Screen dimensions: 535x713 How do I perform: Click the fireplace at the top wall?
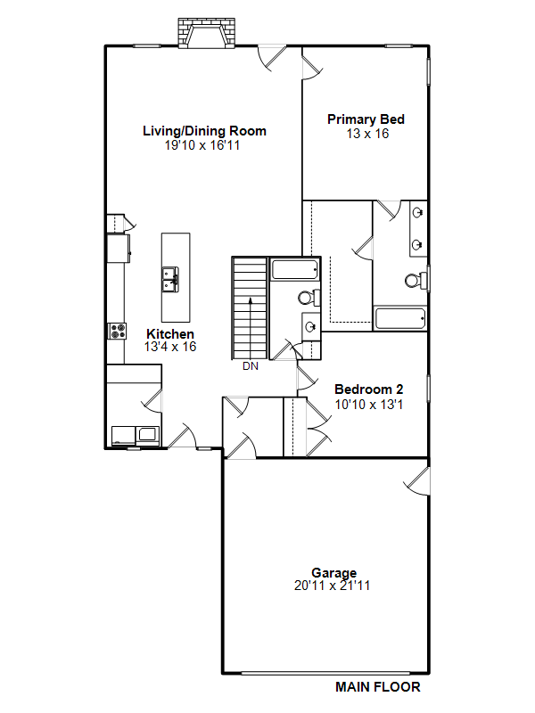tap(206, 33)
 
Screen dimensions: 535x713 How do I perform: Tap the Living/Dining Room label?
tap(204, 131)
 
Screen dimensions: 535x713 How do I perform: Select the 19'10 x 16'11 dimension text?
tap(202, 145)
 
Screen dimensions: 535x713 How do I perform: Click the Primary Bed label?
tap(366, 119)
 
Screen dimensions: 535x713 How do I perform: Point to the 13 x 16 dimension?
tap(367, 134)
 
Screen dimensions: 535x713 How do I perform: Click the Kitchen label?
tap(170, 333)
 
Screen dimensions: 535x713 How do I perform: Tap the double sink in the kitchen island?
tap(170, 279)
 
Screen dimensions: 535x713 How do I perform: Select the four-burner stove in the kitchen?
tap(118, 331)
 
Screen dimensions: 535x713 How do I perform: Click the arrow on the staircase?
tap(250, 327)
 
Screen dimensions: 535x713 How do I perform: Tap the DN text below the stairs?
tap(251, 366)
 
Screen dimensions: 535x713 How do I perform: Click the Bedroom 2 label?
tap(368, 389)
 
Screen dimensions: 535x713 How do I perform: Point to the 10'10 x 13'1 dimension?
tap(369, 405)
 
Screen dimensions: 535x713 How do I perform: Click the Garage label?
tap(333, 573)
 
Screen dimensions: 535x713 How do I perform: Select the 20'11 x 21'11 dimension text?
tap(332, 586)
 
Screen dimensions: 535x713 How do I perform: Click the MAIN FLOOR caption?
tap(378, 686)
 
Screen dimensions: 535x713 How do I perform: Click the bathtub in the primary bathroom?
tap(400, 319)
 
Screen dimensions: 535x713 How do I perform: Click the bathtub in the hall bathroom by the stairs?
tap(295, 269)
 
